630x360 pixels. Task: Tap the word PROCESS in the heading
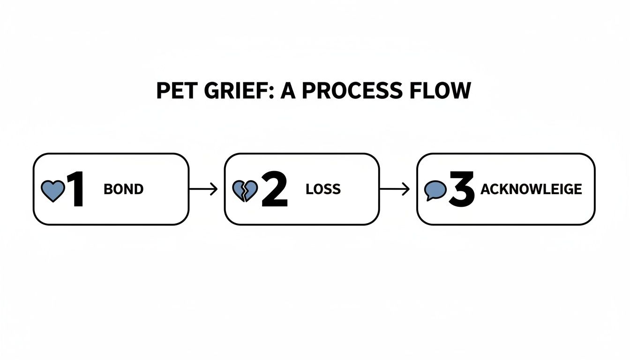[x=351, y=90]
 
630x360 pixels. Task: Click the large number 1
[x=75, y=189]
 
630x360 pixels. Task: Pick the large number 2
[x=274, y=189]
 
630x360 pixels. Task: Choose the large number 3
[x=462, y=189]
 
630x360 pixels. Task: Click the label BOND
[x=123, y=189]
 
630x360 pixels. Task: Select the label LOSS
[x=323, y=189]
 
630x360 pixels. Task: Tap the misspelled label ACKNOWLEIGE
[x=531, y=189]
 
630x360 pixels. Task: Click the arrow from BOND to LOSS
[x=203, y=189]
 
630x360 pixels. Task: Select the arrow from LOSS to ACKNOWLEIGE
[x=394, y=189]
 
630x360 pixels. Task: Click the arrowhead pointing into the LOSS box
[x=215, y=189]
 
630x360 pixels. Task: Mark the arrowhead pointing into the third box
[x=407, y=189]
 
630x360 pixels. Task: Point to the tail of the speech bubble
[x=428, y=198]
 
